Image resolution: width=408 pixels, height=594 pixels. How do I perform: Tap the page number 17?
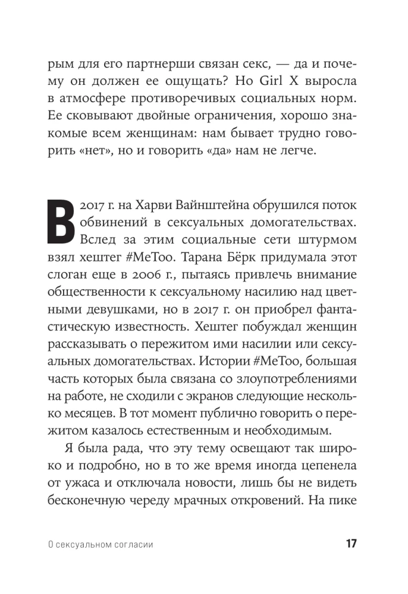[x=350, y=545]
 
